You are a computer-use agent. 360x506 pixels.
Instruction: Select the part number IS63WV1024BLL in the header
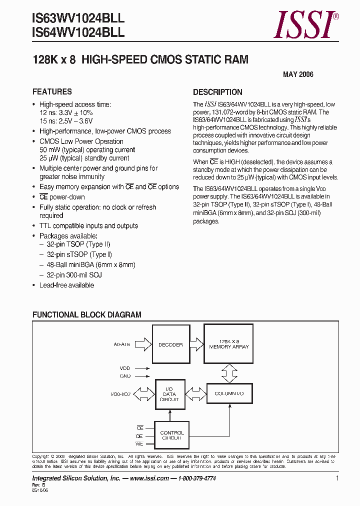pos(78,18)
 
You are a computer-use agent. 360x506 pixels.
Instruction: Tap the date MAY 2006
pos(298,74)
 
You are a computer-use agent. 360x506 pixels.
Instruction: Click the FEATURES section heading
pos(52,92)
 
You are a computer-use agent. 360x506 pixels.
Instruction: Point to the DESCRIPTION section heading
pos(217,92)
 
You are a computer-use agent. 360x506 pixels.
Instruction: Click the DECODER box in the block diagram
pos(170,345)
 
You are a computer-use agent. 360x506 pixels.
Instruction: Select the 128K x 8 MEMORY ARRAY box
pos(228,344)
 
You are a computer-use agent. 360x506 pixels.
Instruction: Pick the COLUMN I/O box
pos(228,393)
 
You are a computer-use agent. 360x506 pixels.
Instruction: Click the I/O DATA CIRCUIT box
pos(169,393)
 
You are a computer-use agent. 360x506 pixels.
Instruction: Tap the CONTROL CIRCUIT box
pos(171,435)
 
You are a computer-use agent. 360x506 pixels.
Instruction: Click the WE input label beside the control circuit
pos(139,444)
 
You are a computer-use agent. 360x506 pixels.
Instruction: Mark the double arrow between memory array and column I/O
pos(228,371)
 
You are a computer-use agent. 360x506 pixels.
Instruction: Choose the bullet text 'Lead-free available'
pos(66,285)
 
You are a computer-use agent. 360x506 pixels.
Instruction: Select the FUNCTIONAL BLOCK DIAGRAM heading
pos(86,315)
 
